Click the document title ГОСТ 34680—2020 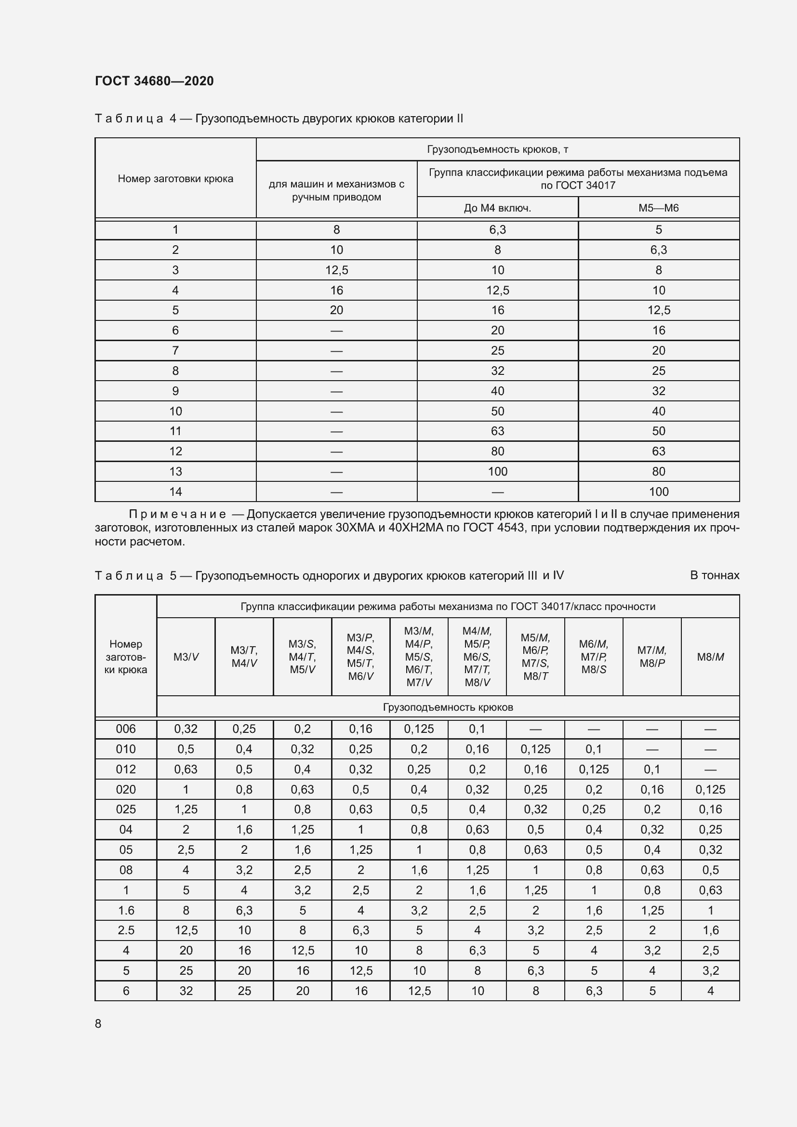[154, 81]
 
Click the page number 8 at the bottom [98, 1023]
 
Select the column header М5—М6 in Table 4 [658, 208]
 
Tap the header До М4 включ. [497, 208]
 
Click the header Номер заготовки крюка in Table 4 [175, 179]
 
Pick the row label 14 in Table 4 [175, 491]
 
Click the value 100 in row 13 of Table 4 [497, 471]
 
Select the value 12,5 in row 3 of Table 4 [336, 270]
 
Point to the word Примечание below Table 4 [177, 514]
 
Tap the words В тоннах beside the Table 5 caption [714, 575]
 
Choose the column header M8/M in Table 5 [710, 657]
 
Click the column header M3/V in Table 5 [186, 657]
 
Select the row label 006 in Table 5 [126, 729]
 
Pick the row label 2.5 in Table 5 [126, 929]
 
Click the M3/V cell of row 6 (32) [186, 991]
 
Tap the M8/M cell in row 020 [710, 789]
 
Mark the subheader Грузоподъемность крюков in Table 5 [448, 707]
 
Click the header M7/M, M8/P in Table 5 [652, 657]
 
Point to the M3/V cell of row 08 [186, 870]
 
